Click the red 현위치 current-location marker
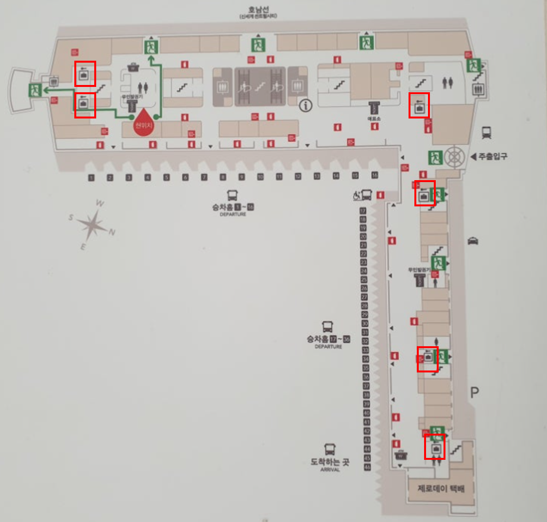144,125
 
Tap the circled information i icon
305,105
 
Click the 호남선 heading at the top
258,9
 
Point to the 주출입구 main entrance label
493,156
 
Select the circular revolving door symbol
454,156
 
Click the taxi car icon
473,241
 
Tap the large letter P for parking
475,392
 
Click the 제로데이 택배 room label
441,488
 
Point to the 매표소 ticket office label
374,118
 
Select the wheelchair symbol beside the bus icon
356,195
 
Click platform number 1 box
91,178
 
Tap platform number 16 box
375,175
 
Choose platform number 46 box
367,467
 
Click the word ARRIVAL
330,470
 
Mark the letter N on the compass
112,233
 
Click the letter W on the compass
100,203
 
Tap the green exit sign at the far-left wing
34,90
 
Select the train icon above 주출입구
486,132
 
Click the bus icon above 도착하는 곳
330,449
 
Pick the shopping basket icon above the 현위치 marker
132,67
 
